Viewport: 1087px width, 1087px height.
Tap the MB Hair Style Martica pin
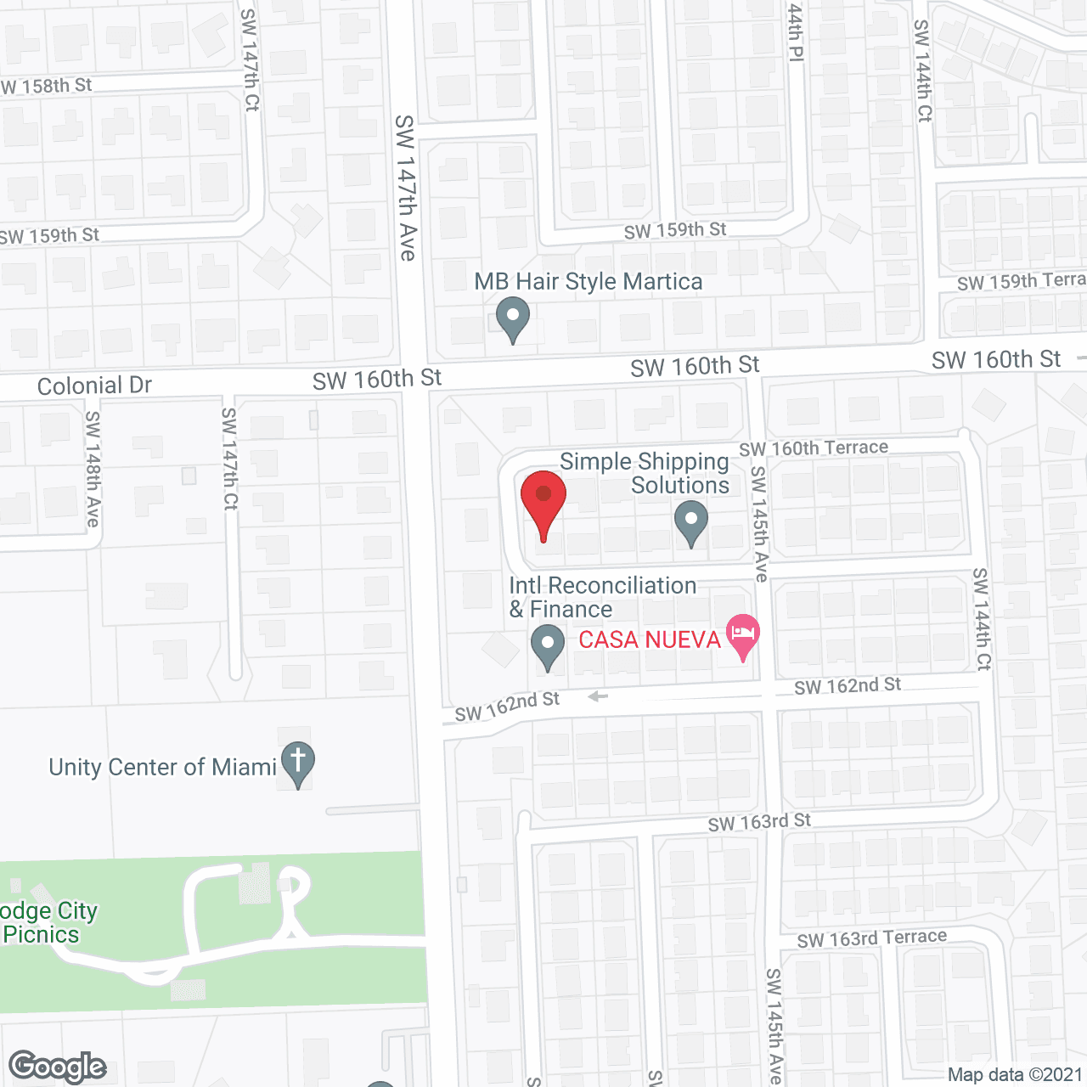pos(512,318)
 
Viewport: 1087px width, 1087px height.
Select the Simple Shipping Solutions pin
pos(690,521)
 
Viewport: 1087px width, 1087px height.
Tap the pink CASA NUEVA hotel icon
pos(743,635)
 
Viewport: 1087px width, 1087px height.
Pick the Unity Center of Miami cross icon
pos(298,762)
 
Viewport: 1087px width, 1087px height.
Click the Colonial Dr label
pos(94,386)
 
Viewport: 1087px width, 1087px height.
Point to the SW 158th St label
pos(46,86)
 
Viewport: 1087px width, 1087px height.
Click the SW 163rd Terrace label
pos(871,938)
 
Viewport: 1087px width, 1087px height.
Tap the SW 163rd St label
pos(759,822)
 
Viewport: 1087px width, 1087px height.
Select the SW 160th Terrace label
pos(814,448)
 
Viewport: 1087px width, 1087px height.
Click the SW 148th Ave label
pos(93,469)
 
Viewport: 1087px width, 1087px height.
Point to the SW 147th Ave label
pos(407,188)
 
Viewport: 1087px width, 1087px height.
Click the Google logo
pos(58,1067)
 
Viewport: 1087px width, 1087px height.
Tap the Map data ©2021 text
pos(1015,1075)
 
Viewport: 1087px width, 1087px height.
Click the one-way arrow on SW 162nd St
pos(598,696)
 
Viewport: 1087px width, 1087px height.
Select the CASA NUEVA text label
pos(650,639)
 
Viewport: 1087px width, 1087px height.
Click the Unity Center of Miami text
pos(163,768)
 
